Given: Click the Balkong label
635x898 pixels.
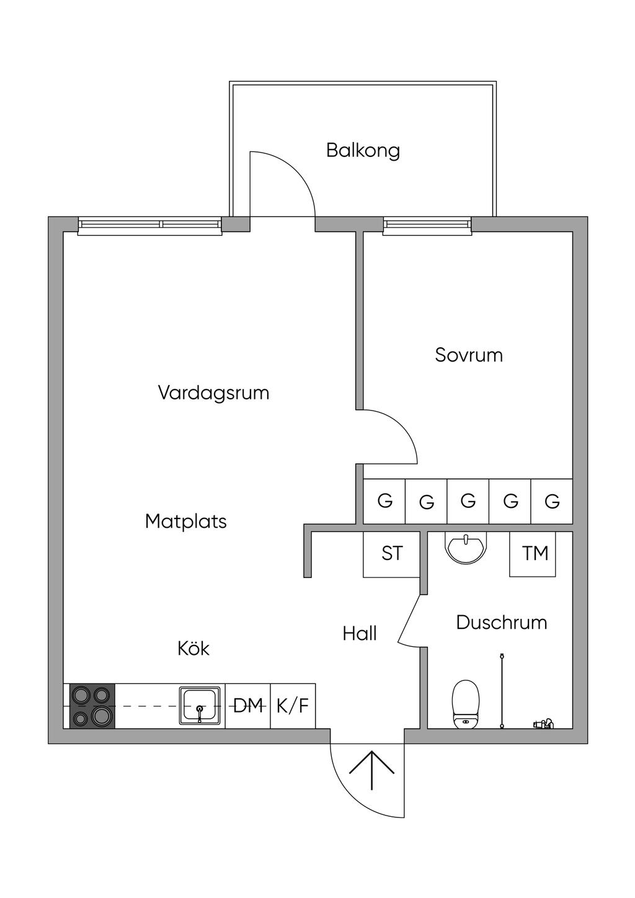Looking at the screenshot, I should (x=363, y=151).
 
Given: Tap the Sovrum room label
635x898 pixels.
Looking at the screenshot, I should (x=468, y=355).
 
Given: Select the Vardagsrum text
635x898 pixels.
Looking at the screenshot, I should (x=213, y=393).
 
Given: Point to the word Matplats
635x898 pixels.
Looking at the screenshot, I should (x=185, y=522).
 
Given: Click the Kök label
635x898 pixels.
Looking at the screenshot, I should (x=193, y=649).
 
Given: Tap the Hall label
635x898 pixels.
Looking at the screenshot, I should (x=360, y=634).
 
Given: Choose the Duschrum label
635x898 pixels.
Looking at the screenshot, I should (x=501, y=623).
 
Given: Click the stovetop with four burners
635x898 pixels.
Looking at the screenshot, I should (x=92, y=706).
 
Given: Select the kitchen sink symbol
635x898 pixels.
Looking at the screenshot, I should (x=200, y=706).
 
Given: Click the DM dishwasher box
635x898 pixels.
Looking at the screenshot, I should (x=248, y=706).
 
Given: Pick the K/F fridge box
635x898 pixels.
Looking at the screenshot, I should (x=293, y=706).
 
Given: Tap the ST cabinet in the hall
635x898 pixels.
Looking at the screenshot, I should (x=392, y=553).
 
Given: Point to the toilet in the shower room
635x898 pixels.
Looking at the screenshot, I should (x=466, y=704).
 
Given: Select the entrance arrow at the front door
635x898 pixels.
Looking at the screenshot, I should (x=371, y=769).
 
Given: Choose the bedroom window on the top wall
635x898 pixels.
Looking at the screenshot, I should (x=427, y=226).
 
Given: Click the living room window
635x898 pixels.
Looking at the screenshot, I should (x=149, y=226).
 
